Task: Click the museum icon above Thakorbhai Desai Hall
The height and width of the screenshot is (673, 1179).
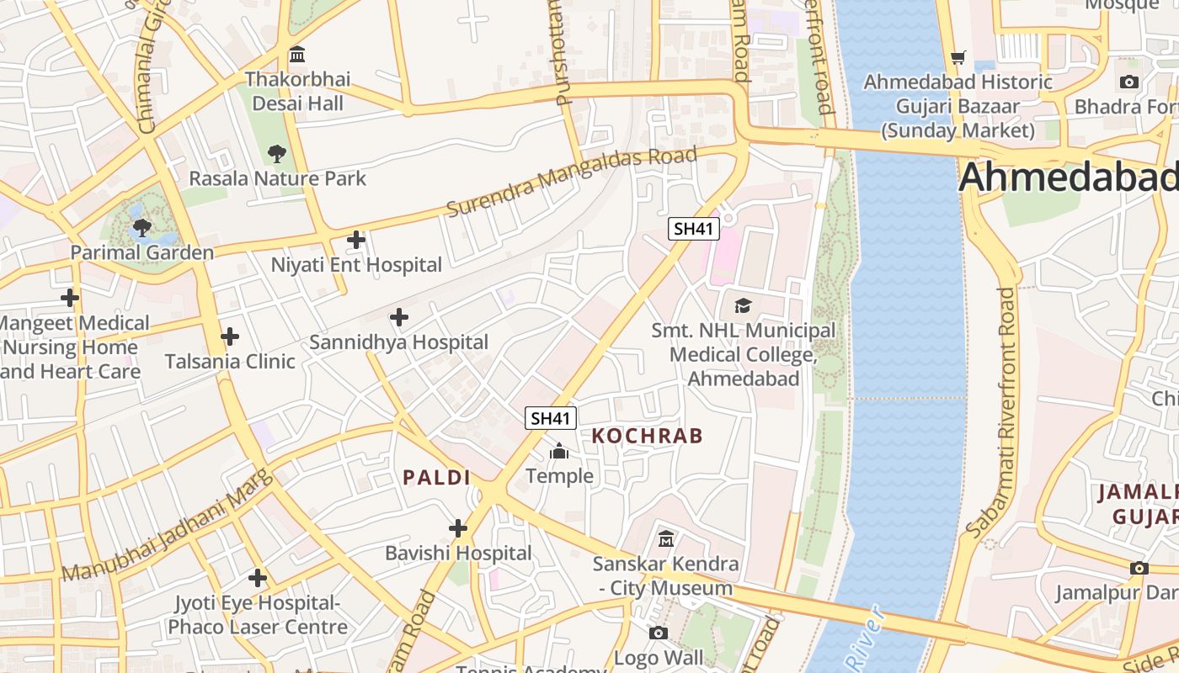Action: coord(296,56)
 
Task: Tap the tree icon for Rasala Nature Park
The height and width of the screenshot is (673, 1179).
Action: coord(276,154)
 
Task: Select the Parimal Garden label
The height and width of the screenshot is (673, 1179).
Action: coord(141,252)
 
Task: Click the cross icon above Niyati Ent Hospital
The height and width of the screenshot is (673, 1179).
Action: coord(356,240)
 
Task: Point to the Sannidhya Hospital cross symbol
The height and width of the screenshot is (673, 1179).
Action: coord(399,317)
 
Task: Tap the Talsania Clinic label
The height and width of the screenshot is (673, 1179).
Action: coord(229,362)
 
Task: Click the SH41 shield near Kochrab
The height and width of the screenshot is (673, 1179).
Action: coord(551,417)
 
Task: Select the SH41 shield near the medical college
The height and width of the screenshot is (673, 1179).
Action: coord(694,228)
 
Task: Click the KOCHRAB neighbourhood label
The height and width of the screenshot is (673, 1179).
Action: coord(647,436)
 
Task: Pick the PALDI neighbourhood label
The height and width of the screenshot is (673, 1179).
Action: coord(436,478)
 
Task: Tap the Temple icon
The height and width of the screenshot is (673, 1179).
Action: coord(559,453)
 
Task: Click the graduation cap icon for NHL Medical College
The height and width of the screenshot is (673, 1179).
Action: coord(743,305)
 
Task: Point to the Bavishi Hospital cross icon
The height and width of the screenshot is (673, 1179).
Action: coord(458,528)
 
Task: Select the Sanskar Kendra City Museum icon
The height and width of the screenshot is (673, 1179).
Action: coord(665,538)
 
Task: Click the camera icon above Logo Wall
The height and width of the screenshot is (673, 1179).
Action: coord(659,633)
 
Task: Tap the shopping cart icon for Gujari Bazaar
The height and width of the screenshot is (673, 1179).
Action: coord(958,57)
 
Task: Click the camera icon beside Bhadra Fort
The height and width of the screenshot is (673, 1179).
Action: coord(1129,82)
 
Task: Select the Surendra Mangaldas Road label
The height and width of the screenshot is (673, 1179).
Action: coord(572,181)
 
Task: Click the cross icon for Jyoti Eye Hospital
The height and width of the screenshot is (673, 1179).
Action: coord(258,578)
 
